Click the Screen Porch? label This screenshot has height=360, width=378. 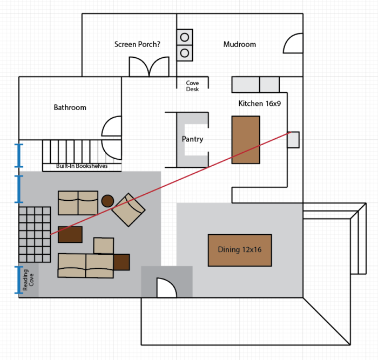pos(137,44)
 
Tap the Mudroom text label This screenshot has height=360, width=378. pos(240,44)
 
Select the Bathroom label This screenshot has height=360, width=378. pos(70,107)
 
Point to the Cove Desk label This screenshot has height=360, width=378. pos(193,86)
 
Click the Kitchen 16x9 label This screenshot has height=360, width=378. pos(260,103)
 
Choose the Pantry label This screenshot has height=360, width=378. pos(193,139)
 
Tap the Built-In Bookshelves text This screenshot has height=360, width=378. pos(82,166)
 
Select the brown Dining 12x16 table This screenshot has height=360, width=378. pos(240,250)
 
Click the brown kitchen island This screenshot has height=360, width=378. pos(246,140)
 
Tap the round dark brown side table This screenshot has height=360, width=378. pos(107,201)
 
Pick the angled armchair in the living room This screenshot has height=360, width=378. pos(129,209)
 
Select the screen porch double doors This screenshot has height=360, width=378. pos(149,67)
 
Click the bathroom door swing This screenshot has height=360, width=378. pos(111,128)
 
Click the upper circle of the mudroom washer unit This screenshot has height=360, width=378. pos(185,37)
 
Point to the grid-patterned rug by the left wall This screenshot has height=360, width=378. pos(35,234)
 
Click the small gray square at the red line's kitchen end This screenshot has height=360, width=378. pos(293,140)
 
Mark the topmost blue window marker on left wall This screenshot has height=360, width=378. pos(20,154)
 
